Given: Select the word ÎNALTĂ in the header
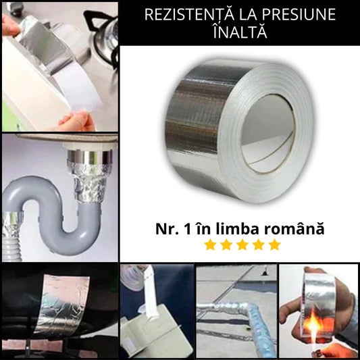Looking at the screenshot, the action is pyautogui.click(x=240, y=32).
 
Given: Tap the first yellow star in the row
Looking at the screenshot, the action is pyautogui.click(x=210, y=245).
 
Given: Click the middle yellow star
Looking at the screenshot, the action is pyautogui.click(x=242, y=245).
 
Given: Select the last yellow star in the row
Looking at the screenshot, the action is pyautogui.click(x=275, y=245).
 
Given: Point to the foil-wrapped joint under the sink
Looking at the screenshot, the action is pyautogui.click(x=90, y=182).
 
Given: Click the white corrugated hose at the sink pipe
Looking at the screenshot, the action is pyautogui.click(x=12, y=249).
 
